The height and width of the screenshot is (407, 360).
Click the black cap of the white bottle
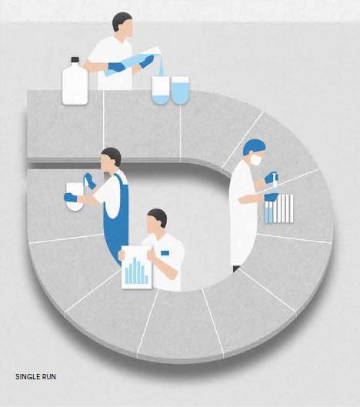tap(75, 60)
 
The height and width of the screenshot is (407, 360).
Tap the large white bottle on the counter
tap(75, 82)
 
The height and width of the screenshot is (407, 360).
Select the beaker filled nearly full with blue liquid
tap(181, 91)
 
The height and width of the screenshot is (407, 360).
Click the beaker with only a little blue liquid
tap(161, 91)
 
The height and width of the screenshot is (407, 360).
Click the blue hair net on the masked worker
tap(254, 147)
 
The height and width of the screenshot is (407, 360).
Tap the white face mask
tap(255, 159)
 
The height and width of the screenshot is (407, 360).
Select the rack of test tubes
tap(279, 209)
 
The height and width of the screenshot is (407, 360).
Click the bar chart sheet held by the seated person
tap(136, 267)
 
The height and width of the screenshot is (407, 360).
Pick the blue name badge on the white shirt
tap(165, 253)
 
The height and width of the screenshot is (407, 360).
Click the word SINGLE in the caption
tap(26, 377)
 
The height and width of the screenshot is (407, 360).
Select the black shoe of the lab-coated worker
tap(235, 269)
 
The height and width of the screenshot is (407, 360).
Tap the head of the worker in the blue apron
tap(111, 159)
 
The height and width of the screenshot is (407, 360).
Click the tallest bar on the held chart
tap(135, 270)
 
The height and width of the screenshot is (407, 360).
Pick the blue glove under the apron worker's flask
tap(70, 197)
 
